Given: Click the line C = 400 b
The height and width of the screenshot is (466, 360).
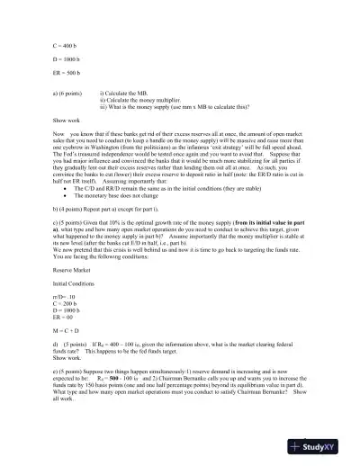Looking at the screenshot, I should (x=66, y=43).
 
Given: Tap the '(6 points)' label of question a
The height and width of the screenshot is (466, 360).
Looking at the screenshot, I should (x=79, y=92).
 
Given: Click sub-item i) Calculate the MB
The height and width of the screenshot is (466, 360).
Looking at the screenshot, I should (x=152, y=92).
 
